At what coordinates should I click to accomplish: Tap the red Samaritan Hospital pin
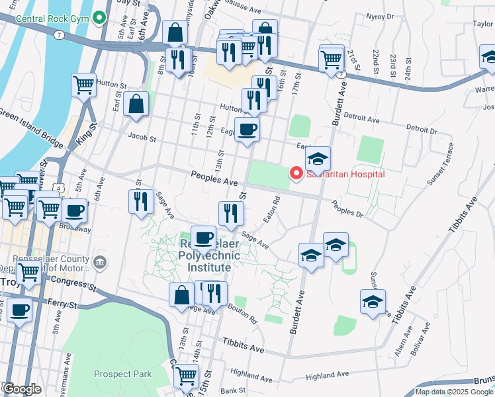click(x=296, y=174)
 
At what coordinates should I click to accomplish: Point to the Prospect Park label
click(x=122, y=374)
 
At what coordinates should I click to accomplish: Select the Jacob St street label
click(x=142, y=140)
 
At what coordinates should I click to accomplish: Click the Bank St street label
click(x=233, y=391)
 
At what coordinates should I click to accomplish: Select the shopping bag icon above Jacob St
click(x=136, y=105)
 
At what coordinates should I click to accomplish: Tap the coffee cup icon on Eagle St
click(x=247, y=129)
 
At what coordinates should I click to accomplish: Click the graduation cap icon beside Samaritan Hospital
click(x=318, y=159)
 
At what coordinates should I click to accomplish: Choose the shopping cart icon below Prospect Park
click(x=186, y=376)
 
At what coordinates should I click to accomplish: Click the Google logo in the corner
click(x=22, y=389)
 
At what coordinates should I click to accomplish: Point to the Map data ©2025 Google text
click(x=453, y=392)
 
